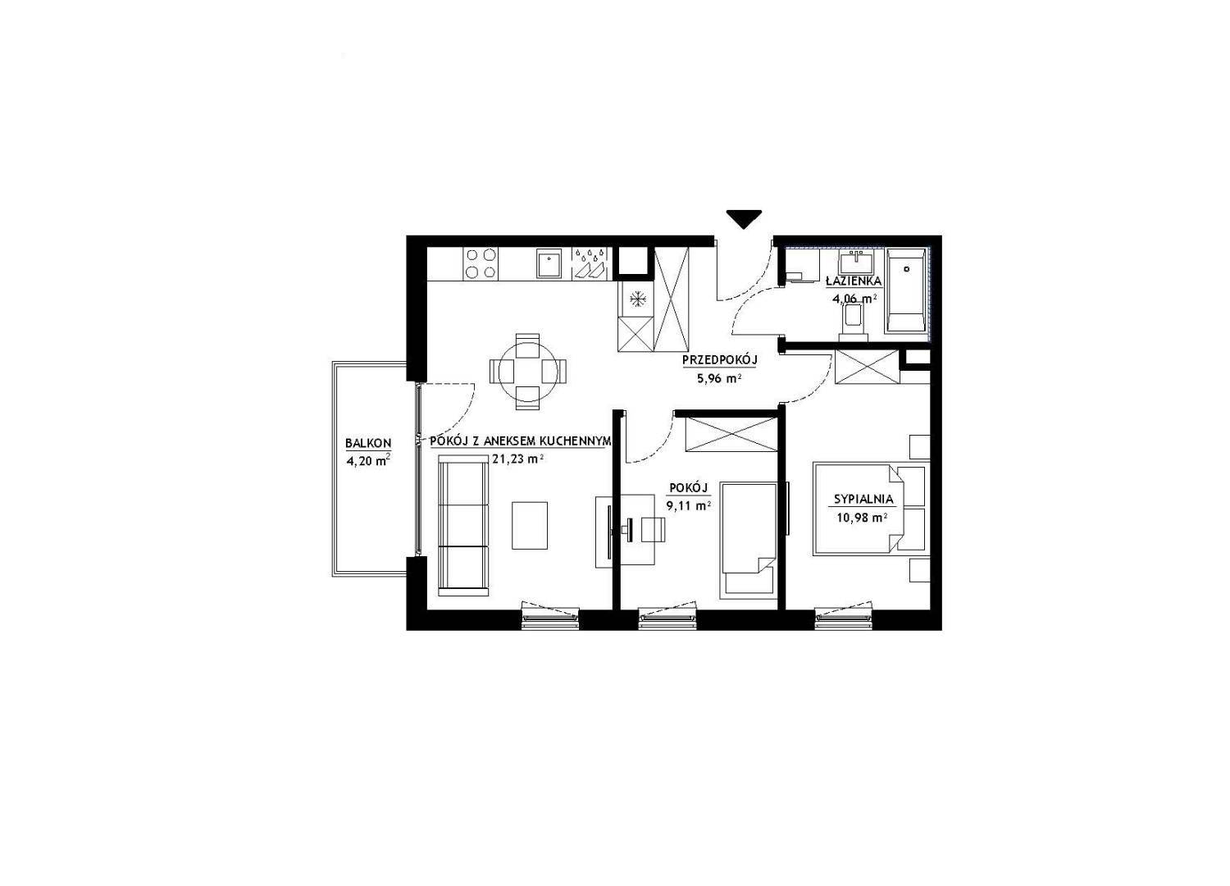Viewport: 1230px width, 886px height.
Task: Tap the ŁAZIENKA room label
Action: tap(854, 281)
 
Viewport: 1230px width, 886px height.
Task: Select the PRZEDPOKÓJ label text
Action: tap(720, 360)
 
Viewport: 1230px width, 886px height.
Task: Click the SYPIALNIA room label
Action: tap(863, 500)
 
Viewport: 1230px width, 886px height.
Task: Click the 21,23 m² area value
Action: tap(517, 459)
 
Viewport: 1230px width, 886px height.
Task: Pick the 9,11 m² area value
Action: tap(689, 506)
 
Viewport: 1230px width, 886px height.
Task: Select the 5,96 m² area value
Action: tap(720, 378)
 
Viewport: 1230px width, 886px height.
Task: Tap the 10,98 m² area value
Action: tap(863, 518)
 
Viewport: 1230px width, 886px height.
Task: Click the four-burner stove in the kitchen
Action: tap(481, 263)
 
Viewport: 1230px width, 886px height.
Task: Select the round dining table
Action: tap(528, 372)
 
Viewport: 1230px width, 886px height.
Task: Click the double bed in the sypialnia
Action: tap(872, 509)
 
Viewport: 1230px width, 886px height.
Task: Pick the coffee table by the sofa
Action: tap(530, 525)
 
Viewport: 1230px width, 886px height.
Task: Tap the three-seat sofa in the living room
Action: tap(463, 528)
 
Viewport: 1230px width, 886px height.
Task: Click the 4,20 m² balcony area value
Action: tap(368, 460)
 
